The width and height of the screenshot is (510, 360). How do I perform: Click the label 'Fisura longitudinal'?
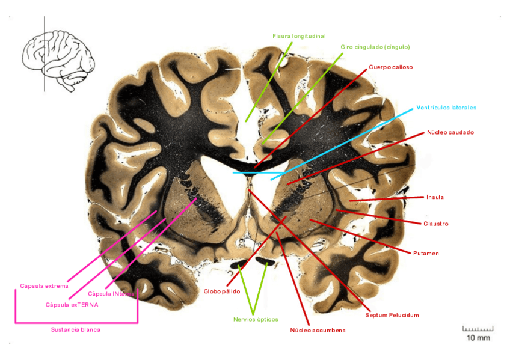tap(299, 36)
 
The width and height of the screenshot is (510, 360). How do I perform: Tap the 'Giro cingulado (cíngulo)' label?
tap(375, 47)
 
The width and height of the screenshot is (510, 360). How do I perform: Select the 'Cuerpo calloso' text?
tap(391, 67)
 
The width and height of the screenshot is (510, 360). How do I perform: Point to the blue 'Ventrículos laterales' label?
tap(446, 108)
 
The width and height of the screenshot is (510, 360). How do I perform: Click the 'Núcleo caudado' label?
tap(450, 132)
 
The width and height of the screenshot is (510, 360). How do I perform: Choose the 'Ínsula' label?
tap(435, 197)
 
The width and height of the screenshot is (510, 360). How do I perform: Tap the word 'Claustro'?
tap(436, 224)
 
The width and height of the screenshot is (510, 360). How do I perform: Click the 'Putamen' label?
tap(426, 253)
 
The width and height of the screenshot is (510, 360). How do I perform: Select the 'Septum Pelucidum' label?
tap(392, 315)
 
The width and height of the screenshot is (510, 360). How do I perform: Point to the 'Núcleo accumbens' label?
tap(318, 330)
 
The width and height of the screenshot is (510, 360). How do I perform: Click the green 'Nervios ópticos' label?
tap(256, 319)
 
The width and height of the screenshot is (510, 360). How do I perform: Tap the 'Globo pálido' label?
tap(222, 291)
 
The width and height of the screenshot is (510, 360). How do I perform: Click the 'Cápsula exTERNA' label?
tap(72, 305)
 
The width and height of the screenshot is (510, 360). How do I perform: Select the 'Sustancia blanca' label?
tap(76, 329)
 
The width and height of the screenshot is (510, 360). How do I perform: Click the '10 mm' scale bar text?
tap(478, 338)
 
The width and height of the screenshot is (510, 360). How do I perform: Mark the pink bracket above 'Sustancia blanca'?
tap(76, 323)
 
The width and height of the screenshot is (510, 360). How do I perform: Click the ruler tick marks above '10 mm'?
tap(478, 329)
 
